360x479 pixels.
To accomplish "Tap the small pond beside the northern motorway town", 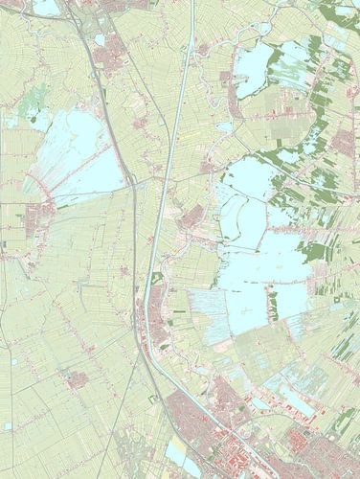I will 100,39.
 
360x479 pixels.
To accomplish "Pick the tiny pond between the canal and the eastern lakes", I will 224,125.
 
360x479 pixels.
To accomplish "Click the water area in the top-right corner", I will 340,11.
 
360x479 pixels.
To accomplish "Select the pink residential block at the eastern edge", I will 345,142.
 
